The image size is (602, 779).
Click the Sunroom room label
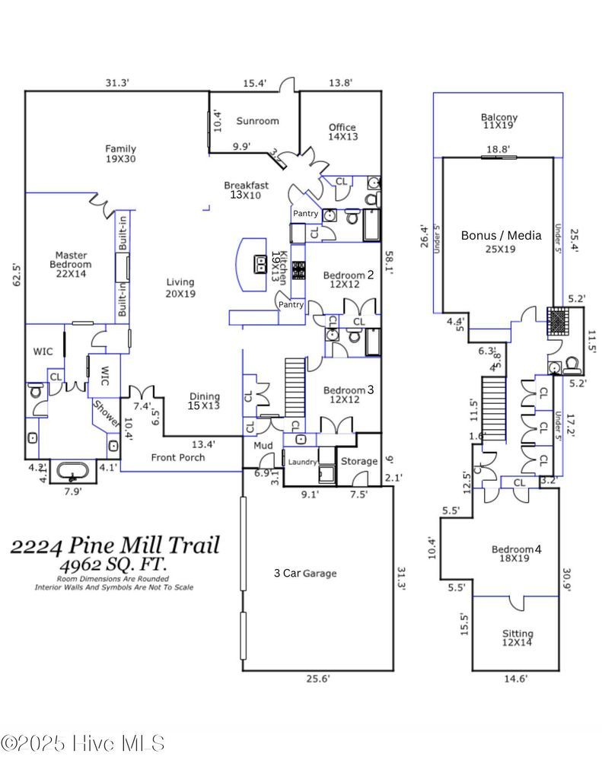256,121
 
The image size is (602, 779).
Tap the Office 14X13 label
342,132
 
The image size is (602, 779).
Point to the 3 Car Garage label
304,574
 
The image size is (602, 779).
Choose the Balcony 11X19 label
498,121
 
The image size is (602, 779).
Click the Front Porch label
179,457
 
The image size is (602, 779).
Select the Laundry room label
301,461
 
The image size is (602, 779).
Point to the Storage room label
358,461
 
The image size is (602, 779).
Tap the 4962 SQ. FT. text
114,565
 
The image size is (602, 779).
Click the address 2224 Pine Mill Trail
114,545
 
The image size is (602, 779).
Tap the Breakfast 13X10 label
246,190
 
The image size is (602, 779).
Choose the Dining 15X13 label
204,401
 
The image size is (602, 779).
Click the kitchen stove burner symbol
299,269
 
